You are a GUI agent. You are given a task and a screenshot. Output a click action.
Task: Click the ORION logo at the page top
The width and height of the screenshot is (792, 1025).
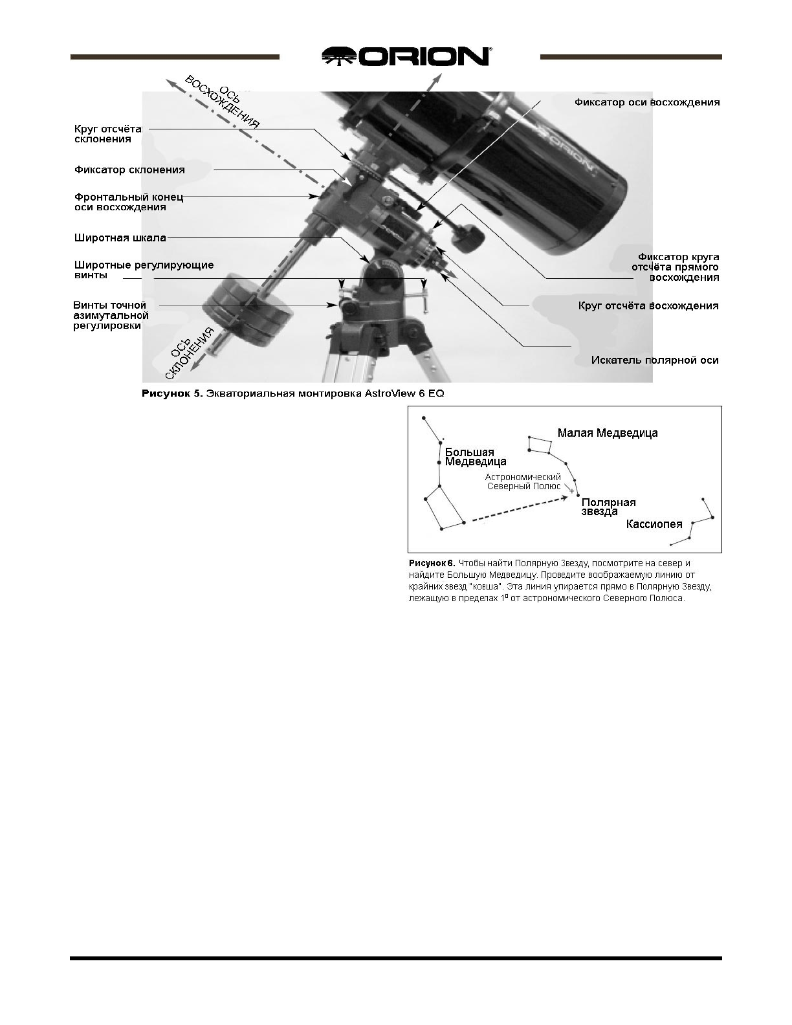(x=406, y=56)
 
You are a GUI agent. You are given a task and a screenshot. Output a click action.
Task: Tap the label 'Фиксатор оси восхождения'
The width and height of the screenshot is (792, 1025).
(x=646, y=102)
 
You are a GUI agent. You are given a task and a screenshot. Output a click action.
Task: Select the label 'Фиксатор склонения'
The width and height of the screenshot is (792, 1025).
(x=129, y=170)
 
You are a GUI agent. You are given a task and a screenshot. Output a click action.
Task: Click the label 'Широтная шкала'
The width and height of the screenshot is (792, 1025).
(x=120, y=237)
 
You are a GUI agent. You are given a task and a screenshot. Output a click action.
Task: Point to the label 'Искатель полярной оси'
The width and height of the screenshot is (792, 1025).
(x=654, y=360)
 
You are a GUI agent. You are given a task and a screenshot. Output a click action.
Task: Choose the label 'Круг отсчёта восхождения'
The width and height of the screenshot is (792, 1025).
(x=648, y=305)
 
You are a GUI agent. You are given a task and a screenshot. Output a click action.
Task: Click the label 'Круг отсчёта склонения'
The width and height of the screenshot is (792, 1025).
(x=108, y=133)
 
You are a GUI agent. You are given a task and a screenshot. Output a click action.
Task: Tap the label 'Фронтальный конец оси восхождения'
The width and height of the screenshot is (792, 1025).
(x=129, y=202)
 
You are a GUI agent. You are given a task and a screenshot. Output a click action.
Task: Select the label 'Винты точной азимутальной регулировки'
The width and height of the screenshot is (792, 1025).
(x=110, y=315)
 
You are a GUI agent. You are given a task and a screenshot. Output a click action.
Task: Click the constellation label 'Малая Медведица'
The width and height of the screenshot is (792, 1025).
(x=607, y=433)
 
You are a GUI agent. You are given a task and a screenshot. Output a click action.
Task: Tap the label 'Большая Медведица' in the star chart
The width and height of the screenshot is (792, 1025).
(x=475, y=457)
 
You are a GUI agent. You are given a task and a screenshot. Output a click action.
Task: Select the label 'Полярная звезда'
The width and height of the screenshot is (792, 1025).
(x=608, y=507)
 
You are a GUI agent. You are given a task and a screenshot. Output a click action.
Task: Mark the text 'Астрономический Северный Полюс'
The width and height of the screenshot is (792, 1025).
(x=523, y=481)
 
